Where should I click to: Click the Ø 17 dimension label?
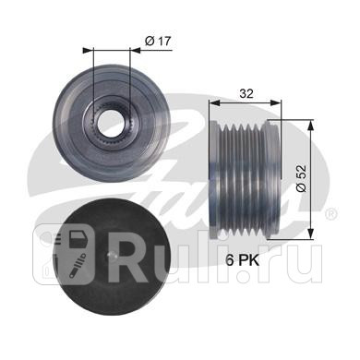coord(158,41)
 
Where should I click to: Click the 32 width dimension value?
coord(246,93)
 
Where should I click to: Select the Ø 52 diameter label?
coord(302,178)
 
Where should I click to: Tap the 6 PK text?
coord(243,260)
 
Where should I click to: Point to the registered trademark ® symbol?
coord(331,213)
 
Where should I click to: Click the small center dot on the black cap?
coord(112,255)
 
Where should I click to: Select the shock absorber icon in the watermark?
coord(77,265)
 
